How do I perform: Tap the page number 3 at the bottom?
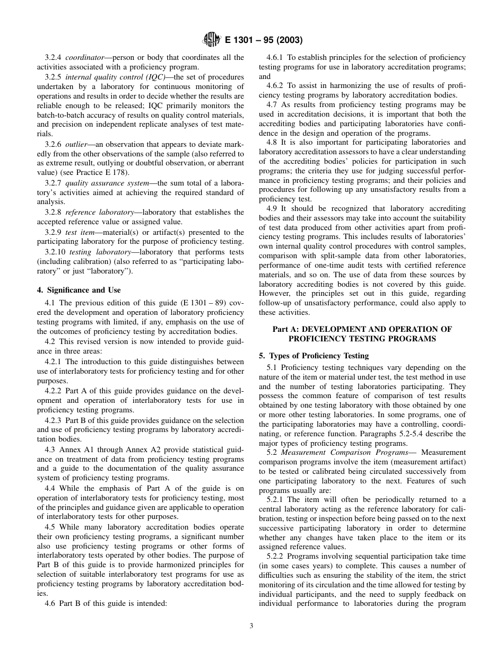[x=251, y=625]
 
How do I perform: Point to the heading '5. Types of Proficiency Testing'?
[x=314, y=356]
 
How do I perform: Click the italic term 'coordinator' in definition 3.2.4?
[x=82, y=57]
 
